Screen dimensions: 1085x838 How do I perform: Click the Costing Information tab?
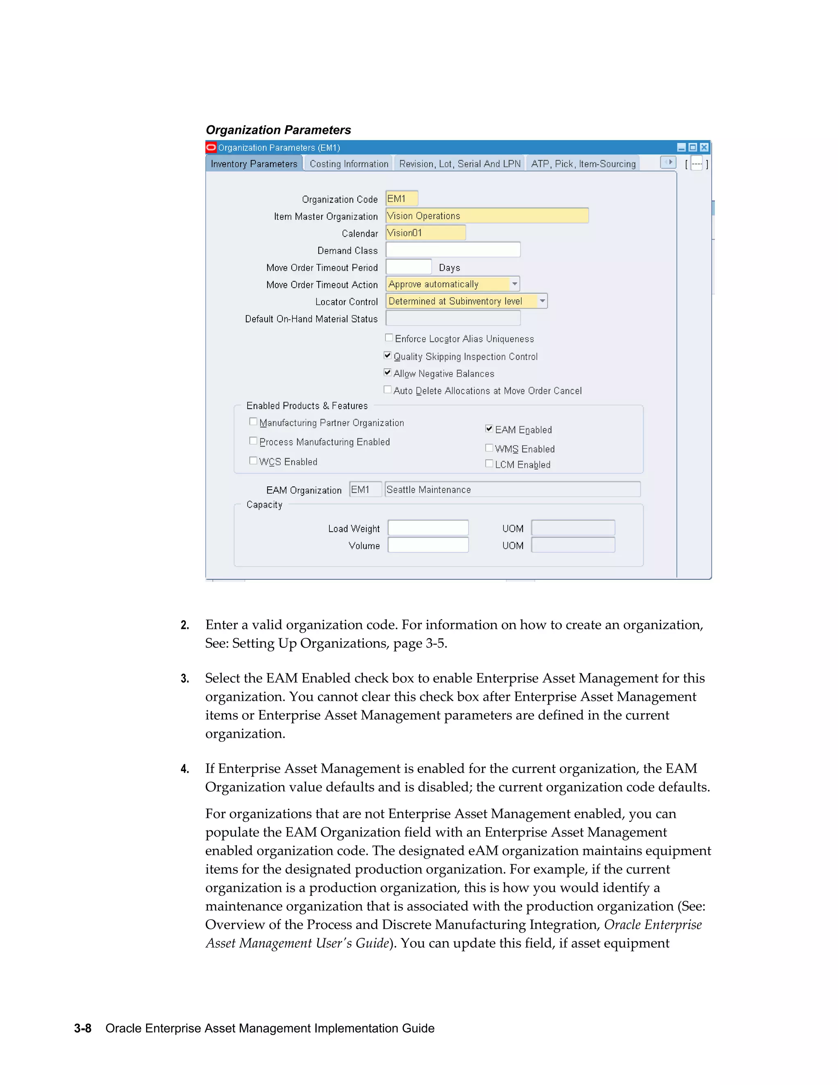[x=349, y=164]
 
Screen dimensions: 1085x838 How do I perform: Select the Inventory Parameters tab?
[x=254, y=164]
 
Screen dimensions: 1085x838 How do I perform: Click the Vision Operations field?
[x=487, y=216]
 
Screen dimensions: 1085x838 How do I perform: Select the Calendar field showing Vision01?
[x=426, y=233]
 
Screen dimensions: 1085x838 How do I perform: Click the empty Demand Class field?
[x=453, y=250]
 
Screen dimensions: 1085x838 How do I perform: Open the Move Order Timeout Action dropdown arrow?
[x=515, y=284]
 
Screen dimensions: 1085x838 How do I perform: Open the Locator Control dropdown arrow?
[x=543, y=301]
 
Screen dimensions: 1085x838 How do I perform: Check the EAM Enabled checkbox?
[x=489, y=429]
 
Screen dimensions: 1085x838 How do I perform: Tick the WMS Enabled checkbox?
[x=489, y=448]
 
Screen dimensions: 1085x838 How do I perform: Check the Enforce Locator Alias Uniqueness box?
[x=389, y=338]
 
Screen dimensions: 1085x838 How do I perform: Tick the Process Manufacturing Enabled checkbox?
[x=253, y=441]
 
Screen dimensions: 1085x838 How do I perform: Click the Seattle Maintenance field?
[x=512, y=490]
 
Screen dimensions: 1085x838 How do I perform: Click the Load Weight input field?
[x=428, y=528]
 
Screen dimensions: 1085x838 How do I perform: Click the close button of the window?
[x=704, y=147]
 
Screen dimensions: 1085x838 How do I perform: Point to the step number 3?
[x=185, y=678]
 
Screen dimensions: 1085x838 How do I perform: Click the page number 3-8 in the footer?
[x=82, y=1028]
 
